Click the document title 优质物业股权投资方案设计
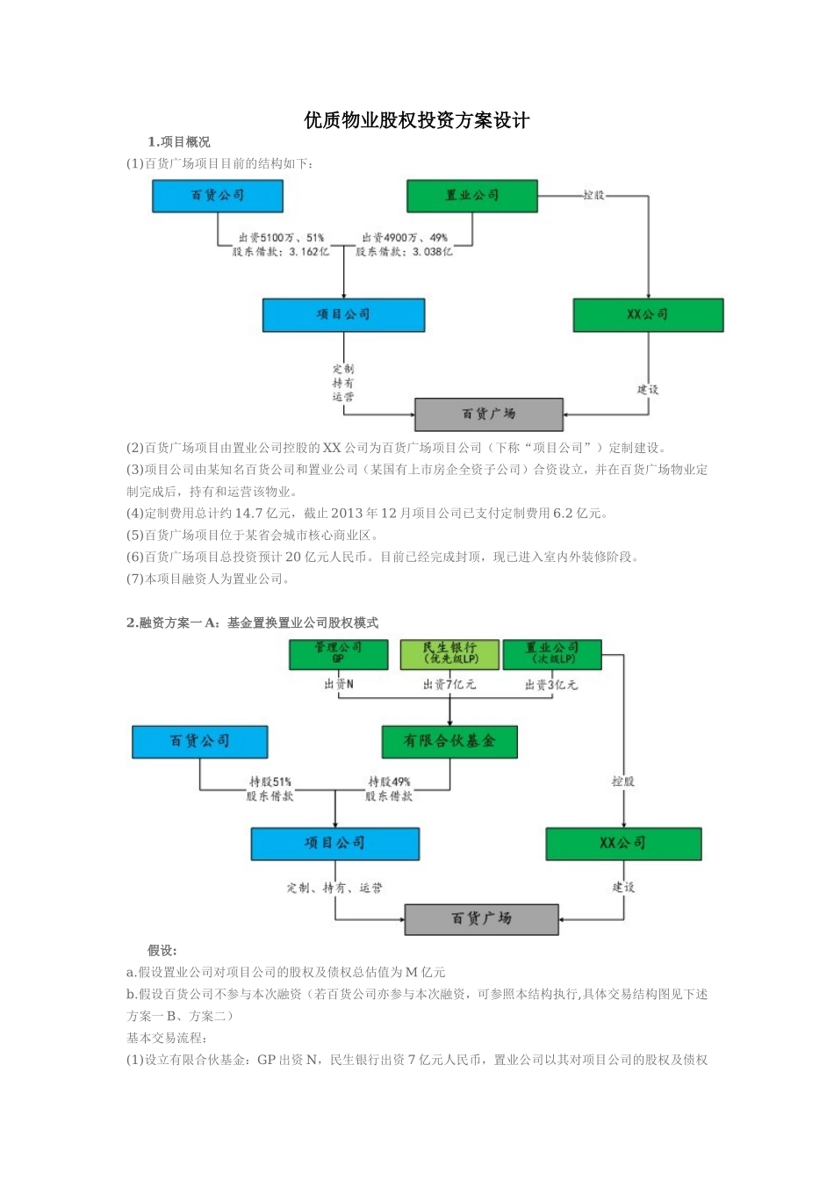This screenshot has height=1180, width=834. [417, 120]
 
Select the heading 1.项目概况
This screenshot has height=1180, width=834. [179, 142]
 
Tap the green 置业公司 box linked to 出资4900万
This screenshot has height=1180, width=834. [471, 196]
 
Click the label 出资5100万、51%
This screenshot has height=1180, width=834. [281, 238]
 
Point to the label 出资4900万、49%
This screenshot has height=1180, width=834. [405, 238]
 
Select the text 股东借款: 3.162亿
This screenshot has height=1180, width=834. [281, 252]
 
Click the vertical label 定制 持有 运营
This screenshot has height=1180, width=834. [343, 383]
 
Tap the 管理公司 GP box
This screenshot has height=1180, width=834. [338, 653]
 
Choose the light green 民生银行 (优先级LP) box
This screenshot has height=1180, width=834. [449, 653]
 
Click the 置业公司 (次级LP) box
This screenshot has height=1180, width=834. [552, 653]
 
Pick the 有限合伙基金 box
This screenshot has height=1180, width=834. [449, 741]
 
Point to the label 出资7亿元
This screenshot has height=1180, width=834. [449, 685]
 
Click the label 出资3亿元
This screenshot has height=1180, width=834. [551, 685]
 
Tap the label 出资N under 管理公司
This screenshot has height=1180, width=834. [339, 685]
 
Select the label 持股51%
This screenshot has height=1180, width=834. [270, 781]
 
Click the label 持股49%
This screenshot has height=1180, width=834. [389, 781]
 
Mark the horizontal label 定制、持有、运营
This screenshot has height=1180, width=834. [334, 889]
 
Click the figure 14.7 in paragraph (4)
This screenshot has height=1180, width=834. [252, 514]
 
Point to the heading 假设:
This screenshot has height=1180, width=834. [162, 951]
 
